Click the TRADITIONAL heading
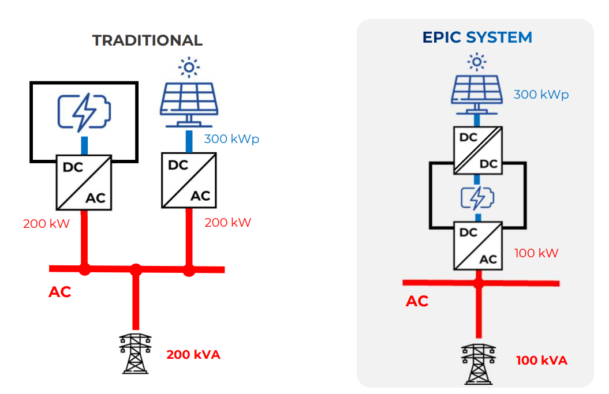coord(147,40)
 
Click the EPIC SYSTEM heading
coord(477,37)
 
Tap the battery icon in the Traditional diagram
coord(84,112)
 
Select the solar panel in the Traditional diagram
coord(188,104)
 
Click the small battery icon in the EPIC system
coord(477,198)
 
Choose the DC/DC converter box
coord(477,149)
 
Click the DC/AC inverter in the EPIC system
coord(477,246)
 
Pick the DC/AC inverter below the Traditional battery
coord(84,182)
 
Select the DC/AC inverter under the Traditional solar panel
coord(189,180)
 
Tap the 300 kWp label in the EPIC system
coord(541,95)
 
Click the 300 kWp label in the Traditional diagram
coord(231,139)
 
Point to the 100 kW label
coord(536,253)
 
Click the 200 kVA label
coord(193,355)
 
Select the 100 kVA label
coord(541,361)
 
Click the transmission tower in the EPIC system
coord(479,363)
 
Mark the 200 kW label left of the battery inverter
coord(46,224)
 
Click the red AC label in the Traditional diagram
coord(59,292)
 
